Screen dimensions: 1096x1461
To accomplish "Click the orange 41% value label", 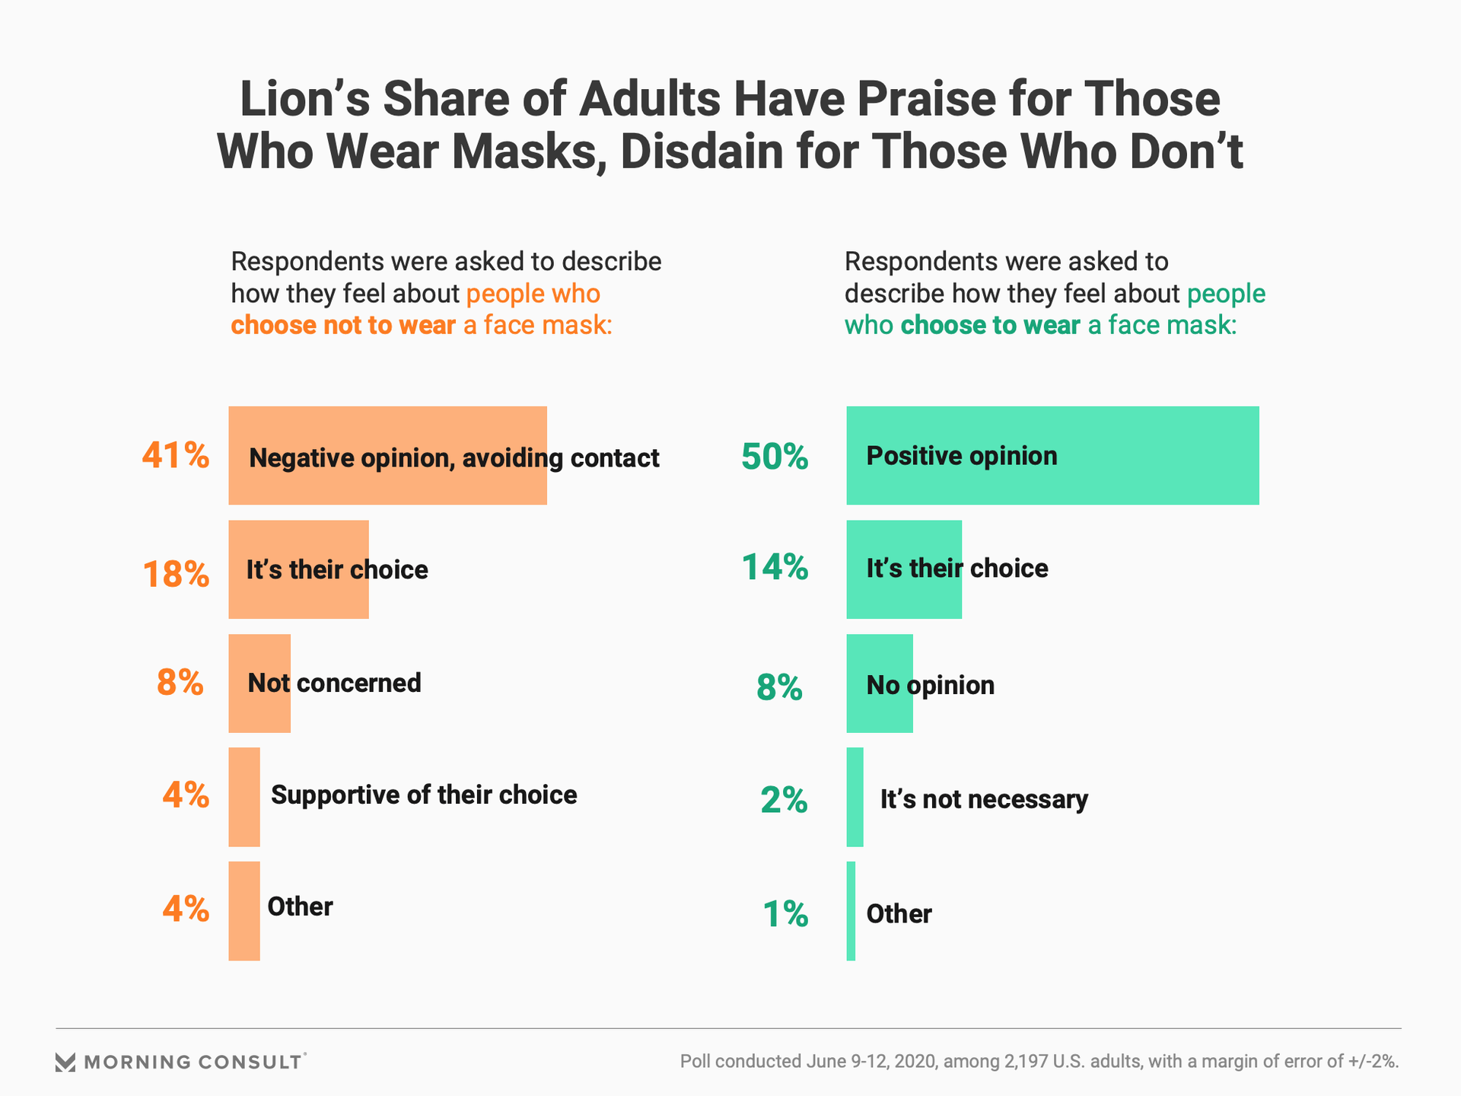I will (x=175, y=456).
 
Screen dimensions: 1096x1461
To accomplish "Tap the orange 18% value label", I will (x=175, y=574).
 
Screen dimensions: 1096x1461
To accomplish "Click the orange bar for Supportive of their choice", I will (x=244, y=797).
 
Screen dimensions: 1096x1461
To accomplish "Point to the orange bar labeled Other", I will (x=244, y=910).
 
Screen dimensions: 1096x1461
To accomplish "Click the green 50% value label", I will (x=775, y=457).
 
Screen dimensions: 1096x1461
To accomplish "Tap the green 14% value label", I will (x=775, y=568).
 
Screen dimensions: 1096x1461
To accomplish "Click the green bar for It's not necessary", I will (x=855, y=797).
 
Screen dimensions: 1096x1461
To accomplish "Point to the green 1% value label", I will (x=785, y=914).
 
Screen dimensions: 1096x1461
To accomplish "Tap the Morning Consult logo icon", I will (x=65, y=1062).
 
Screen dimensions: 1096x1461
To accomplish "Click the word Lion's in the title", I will (x=304, y=100).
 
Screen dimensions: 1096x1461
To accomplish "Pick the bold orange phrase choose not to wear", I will (x=343, y=326).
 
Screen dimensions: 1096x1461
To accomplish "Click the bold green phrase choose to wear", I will (x=990, y=326).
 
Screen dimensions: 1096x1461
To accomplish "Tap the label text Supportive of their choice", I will (x=424, y=795).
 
